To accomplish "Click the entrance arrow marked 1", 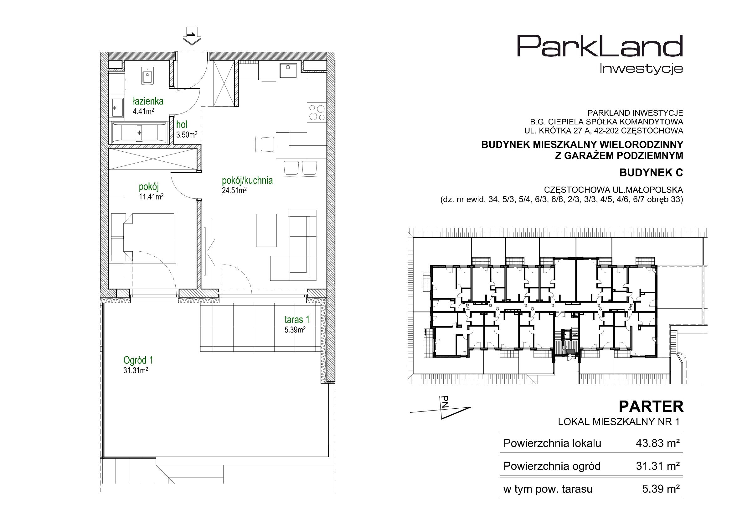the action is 192,36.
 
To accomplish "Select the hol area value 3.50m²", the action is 187,134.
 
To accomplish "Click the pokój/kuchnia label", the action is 247,181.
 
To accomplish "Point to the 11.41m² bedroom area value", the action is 151,196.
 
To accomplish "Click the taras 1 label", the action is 297,320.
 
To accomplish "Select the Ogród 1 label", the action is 138,360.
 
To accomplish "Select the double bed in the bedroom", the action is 143,237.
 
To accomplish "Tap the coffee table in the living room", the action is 266,230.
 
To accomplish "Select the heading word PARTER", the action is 651,407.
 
